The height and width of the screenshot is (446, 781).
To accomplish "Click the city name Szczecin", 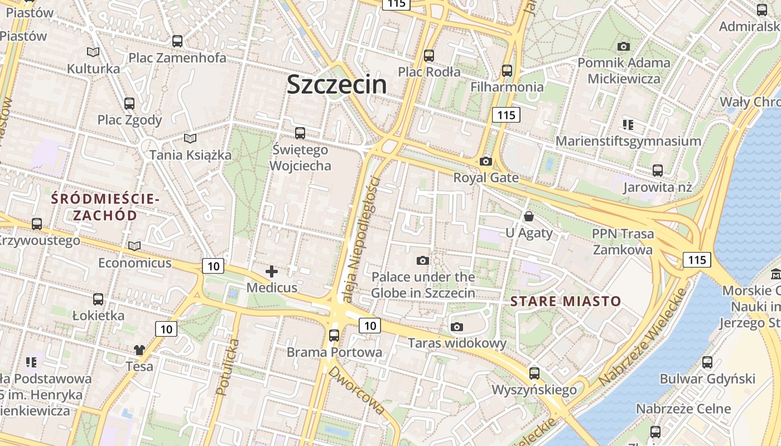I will coord(336,85).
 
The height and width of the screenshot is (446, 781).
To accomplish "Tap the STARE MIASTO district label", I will coord(566,302).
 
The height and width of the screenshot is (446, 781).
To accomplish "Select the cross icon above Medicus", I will coord(272,272).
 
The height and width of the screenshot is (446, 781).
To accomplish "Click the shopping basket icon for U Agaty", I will coord(528,216).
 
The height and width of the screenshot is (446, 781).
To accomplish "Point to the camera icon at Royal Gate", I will coord(486,161).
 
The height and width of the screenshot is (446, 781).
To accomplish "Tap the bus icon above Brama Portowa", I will coord(334,335).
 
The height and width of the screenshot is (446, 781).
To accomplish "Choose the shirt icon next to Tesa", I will coord(139,350).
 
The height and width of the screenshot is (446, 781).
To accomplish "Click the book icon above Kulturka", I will coord(93,52).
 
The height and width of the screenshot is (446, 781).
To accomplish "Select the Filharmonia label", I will coord(507,87).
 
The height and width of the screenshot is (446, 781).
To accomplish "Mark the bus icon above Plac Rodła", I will coord(428,55).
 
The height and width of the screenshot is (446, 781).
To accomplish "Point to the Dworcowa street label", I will coord(356,390).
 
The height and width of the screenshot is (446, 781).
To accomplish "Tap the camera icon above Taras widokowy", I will coord(457,327).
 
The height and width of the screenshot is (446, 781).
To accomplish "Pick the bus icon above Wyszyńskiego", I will coord(534,373).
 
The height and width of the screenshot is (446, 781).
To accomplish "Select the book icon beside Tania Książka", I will coord(190,138).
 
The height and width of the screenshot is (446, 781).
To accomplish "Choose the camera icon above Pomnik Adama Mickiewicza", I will coord(623,46).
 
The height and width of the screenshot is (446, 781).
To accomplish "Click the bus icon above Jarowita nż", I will coord(658,170).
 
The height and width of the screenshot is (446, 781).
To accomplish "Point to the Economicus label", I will coord(134,263).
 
